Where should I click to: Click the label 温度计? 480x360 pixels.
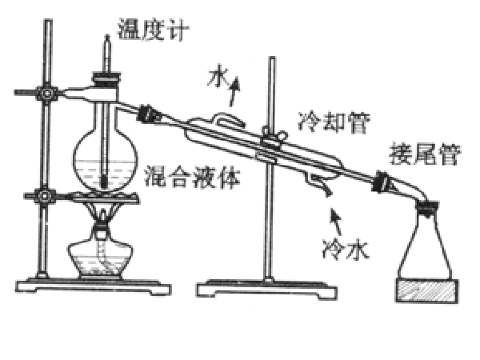153,30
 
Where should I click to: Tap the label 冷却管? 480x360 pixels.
334,122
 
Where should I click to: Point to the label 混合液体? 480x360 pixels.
192,177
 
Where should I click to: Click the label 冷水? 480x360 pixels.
346,249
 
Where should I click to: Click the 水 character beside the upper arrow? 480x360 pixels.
218,77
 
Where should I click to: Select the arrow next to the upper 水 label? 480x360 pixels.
234,91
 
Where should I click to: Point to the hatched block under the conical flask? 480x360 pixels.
427,290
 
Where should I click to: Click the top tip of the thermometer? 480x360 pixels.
107,35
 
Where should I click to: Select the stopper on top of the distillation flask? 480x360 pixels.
106,79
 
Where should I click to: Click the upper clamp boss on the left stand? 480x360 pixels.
46,93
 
